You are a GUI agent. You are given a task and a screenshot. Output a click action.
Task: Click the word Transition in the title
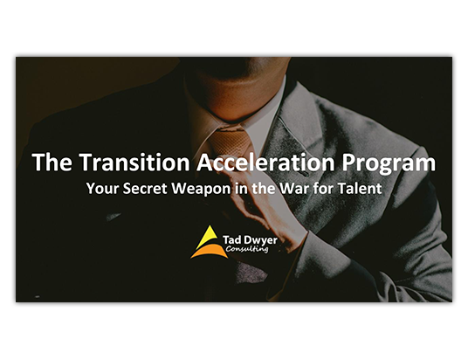tap(134, 163)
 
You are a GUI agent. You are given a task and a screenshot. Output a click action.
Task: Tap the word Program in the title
tap(389, 164)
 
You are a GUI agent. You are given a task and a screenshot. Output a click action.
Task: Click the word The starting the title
tap(52, 163)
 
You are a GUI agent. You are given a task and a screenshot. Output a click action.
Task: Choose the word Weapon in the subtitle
tap(201, 190)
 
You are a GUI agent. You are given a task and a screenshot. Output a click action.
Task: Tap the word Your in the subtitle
tap(102, 189)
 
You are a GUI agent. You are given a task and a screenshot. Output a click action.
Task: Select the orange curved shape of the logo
tap(210, 252)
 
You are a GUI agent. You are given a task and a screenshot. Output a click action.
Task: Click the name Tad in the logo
tap(231, 240)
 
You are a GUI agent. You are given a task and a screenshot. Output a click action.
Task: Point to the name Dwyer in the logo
tap(260, 240)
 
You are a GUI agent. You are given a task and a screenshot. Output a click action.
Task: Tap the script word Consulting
tap(247, 248)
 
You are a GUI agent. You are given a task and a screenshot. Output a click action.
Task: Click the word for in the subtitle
tap(324, 189)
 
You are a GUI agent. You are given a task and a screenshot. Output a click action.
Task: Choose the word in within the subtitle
tap(239, 189)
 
